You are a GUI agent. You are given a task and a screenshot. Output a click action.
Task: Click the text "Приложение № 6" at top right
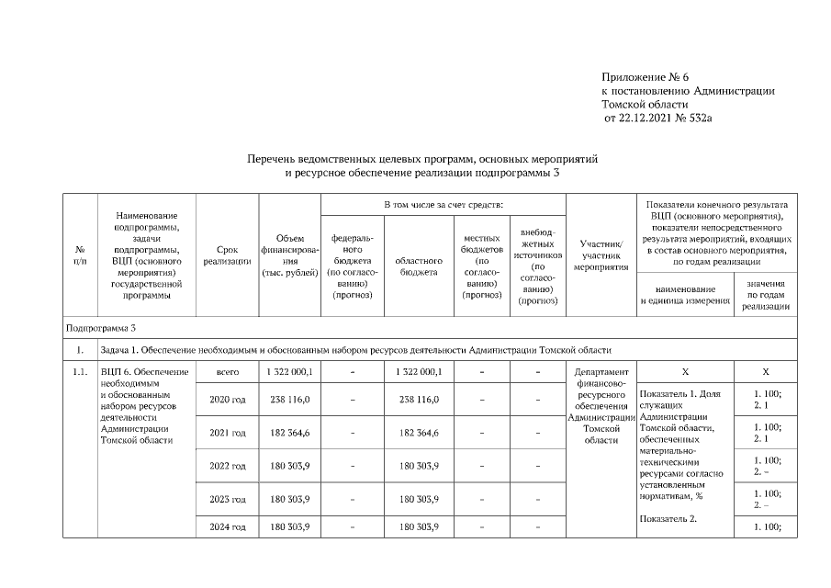[x=645, y=76]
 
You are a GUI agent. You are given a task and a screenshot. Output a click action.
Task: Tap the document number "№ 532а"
[x=694, y=119]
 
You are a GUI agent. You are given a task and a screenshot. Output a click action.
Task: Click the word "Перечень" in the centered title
[x=273, y=159]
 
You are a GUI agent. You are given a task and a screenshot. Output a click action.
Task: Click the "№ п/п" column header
[x=80, y=254]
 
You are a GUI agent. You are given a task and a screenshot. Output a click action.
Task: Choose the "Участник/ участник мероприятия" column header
[x=601, y=254]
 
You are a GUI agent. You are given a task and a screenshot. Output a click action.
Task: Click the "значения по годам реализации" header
[x=765, y=296]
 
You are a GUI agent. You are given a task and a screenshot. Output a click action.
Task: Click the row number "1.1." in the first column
[x=80, y=372]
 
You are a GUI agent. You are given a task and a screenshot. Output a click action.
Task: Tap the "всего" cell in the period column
[x=227, y=372]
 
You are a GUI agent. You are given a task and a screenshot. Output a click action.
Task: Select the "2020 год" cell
[x=227, y=400]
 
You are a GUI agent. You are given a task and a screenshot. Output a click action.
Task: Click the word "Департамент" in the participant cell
[x=601, y=372]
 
